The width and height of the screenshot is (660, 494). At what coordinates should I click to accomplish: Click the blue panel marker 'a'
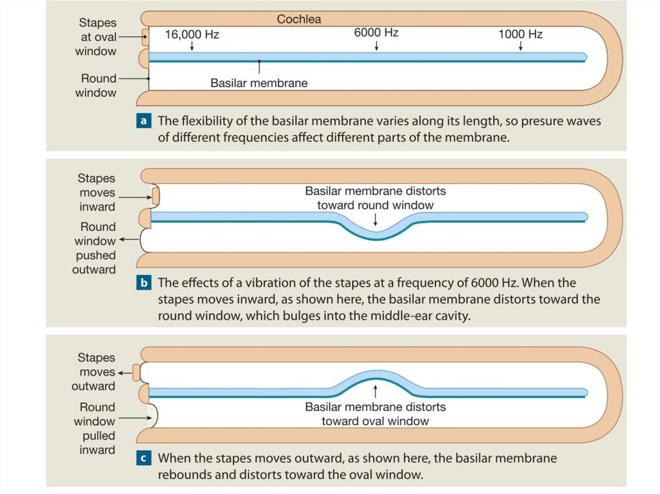click(144, 121)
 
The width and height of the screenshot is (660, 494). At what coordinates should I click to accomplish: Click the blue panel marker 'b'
click(144, 283)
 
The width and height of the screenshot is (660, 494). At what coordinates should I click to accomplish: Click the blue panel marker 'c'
click(144, 459)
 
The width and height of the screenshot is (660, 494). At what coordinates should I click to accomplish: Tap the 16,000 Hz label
click(192, 34)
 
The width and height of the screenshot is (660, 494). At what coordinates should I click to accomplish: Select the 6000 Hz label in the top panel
click(376, 33)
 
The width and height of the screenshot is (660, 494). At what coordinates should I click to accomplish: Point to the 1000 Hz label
click(520, 34)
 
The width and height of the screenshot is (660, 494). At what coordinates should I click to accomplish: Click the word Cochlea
click(298, 19)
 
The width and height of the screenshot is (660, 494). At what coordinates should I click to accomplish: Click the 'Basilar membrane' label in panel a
click(259, 83)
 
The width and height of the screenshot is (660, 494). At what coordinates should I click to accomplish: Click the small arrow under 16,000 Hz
click(192, 48)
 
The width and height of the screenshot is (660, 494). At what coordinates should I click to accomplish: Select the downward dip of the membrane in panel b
click(377, 233)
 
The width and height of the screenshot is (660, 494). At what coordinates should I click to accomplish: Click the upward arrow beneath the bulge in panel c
click(376, 391)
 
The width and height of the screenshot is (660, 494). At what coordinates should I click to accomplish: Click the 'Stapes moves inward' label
click(97, 193)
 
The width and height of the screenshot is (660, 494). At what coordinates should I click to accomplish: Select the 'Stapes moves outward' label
click(97, 372)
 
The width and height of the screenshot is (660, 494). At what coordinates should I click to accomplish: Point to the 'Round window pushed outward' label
click(95, 248)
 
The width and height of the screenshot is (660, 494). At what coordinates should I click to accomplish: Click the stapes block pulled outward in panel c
click(136, 372)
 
